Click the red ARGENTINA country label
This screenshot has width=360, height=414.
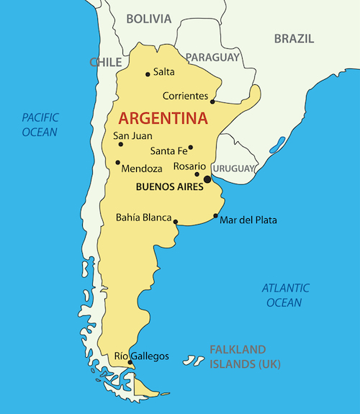[x=163, y=117]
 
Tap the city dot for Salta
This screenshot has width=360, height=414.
[x=148, y=73]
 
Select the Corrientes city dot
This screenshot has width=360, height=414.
[x=212, y=102]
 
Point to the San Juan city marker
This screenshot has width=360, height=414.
[x=120, y=144]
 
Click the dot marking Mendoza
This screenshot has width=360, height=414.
[x=117, y=162]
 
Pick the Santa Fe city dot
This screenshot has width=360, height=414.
[x=190, y=148]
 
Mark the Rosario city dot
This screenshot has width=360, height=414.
[x=197, y=174]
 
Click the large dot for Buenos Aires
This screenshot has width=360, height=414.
[x=207, y=179]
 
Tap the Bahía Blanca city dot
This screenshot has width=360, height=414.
[x=176, y=222]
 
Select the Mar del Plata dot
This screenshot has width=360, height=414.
[x=215, y=216]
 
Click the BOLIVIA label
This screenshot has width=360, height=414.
[x=149, y=19]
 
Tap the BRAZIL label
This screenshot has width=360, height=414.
[x=294, y=38]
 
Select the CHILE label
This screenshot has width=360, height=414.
[x=105, y=63]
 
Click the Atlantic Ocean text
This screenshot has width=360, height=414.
[x=285, y=295]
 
